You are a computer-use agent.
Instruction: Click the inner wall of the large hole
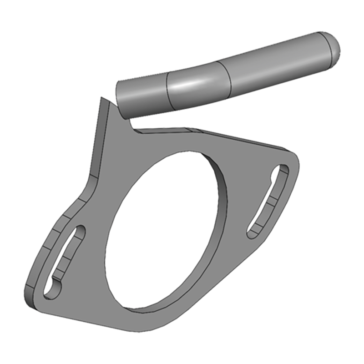click(x=218, y=182)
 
